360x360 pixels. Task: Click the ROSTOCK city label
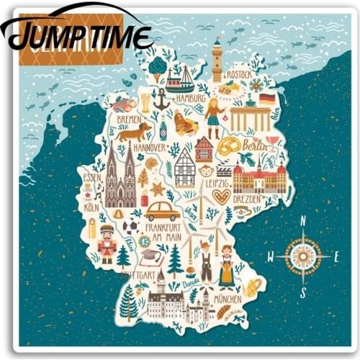tap(238, 74)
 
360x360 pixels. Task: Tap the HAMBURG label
tap(191, 98)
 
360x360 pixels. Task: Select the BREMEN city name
tap(129, 119)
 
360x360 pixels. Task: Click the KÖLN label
tap(91, 207)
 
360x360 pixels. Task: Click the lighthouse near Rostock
tap(217, 60)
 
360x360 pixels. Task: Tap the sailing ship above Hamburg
tap(180, 78)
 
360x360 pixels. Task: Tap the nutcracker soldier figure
tap(107, 245)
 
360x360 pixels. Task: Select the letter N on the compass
tap(303, 221)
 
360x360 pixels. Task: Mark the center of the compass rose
tap(303, 256)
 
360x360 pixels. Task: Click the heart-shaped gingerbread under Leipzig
tap(221, 197)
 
